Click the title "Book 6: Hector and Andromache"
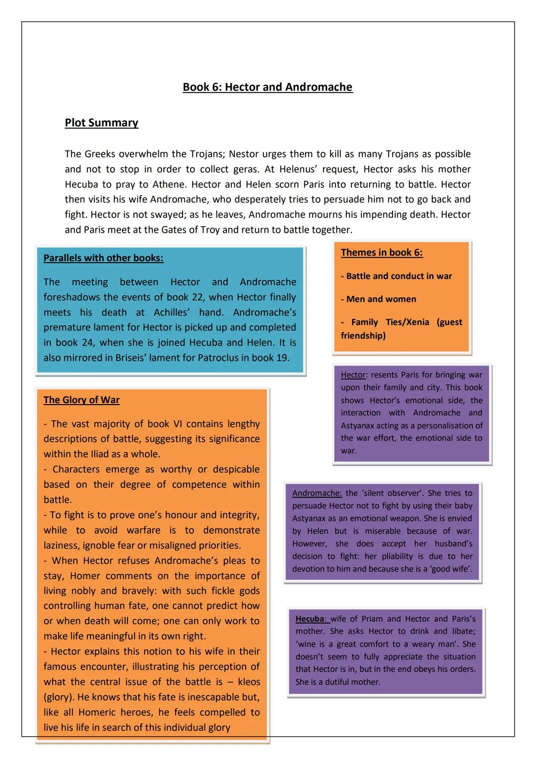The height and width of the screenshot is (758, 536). pyautogui.click(x=268, y=87)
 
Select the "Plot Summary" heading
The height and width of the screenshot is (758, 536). pyautogui.click(x=101, y=123)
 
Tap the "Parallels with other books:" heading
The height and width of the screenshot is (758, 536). pyautogui.click(x=103, y=258)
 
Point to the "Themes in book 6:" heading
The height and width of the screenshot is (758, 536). pyautogui.click(x=382, y=253)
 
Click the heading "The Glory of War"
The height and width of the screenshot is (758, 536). pyautogui.click(x=81, y=400)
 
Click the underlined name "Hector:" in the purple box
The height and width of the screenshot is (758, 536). pyautogui.click(x=353, y=375)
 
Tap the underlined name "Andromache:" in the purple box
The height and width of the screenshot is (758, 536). pyautogui.click(x=317, y=493)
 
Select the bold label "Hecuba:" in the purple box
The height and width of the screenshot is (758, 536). pyautogui.click(x=311, y=619)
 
